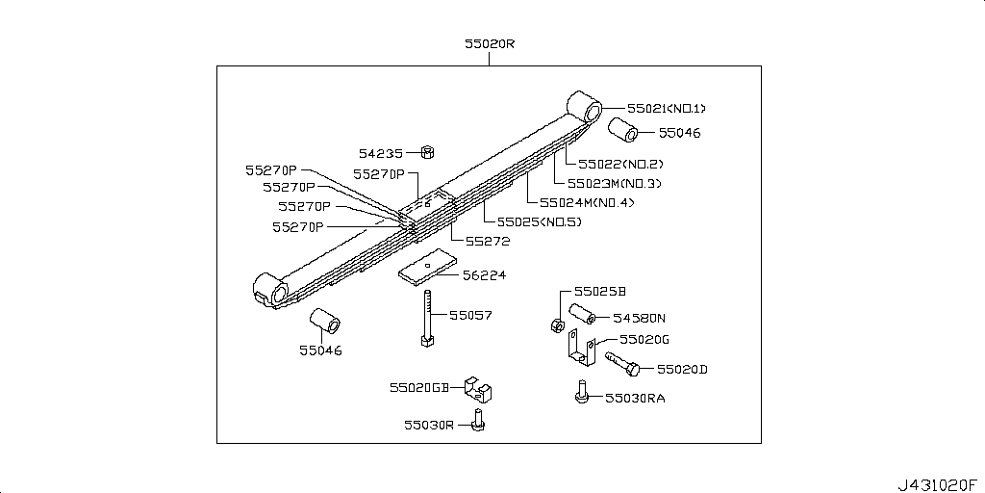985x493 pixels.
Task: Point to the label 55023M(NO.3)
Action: (614, 183)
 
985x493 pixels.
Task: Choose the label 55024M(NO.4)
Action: (586, 202)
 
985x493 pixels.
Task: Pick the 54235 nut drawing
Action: (430, 152)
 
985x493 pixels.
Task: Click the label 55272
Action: (488, 241)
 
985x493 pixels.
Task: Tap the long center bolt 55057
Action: (424, 317)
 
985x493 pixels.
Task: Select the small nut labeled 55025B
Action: (557, 324)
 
